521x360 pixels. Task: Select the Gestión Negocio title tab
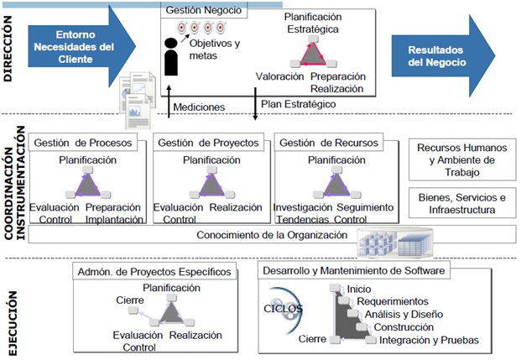click(204, 10)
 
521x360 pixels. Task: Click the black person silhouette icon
click(171, 57)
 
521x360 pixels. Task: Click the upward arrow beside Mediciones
click(169, 102)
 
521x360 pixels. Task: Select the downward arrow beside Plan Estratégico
click(255, 104)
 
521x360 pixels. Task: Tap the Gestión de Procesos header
click(83, 143)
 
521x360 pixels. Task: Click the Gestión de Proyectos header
click(208, 143)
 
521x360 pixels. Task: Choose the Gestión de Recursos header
click(329, 143)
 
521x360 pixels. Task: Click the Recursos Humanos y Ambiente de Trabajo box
click(462, 160)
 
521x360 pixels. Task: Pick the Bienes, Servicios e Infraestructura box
click(462, 203)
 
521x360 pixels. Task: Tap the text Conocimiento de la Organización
click(272, 235)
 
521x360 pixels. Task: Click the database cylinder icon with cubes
click(395, 243)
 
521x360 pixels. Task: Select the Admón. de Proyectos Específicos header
click(154, 272)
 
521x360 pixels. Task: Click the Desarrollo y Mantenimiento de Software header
click(353, 270)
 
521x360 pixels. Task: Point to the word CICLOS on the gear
click(283, 309)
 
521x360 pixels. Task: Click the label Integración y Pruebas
click(429, 340)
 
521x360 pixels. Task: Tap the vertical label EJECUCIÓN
click(13, 323)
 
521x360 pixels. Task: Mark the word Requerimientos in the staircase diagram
click(393, 301)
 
